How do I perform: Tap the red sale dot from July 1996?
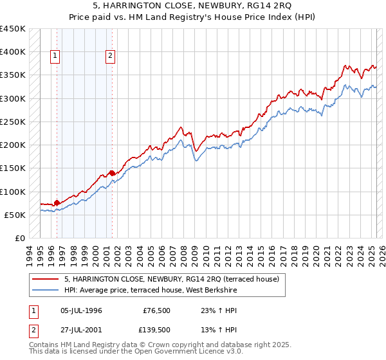57,203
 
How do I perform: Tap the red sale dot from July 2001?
112,173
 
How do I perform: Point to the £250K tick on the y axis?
13,122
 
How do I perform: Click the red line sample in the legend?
45,280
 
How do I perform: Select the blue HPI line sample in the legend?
45,291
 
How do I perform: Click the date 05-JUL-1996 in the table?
81,310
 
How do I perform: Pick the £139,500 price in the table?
156,330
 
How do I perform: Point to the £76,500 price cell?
157,310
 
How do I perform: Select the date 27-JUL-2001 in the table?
81,330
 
